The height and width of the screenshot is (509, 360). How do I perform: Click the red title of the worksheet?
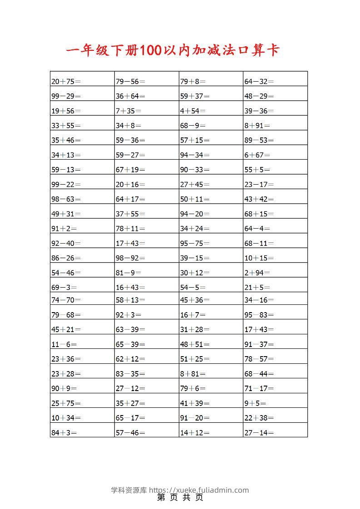coord(173,50)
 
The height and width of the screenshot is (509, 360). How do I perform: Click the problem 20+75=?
coord(66,82)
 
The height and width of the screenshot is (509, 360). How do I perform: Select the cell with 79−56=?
coord(130,82)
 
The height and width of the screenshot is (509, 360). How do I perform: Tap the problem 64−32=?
coord(259,82)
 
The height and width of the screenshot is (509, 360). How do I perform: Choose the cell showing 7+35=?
coord(128,111)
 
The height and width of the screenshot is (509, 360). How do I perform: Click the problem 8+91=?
coord(257,126)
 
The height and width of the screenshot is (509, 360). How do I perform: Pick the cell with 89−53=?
coord(259,140)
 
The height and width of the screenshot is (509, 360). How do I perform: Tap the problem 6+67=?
coord(257,155)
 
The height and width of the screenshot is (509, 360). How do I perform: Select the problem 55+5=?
coord(257,170)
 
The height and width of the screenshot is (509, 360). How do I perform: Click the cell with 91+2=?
coord(64,229)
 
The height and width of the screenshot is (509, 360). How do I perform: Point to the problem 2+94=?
coord(257,273)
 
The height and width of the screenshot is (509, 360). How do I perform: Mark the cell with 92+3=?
coord(128,315)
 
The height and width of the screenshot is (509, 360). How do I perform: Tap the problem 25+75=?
coord(66,403)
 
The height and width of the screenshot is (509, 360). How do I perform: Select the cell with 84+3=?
coord(64,433)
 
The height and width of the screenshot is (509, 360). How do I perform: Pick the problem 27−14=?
coord(259,433)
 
